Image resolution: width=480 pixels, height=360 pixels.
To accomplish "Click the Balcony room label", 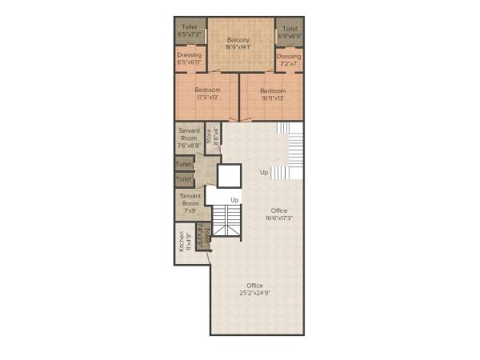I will pos(238,39).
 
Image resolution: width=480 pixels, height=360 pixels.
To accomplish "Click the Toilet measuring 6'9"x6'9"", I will pos(290,31).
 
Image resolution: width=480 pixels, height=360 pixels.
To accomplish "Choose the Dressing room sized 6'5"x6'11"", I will pos(190,58).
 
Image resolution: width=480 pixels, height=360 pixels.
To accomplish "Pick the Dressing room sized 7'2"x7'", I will pos(289,59).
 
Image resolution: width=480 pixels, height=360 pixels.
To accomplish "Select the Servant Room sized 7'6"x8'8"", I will pos(189,138).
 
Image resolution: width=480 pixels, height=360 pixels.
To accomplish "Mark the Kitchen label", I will pos(182,242).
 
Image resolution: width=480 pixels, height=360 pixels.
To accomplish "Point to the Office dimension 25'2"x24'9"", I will pos(254,293).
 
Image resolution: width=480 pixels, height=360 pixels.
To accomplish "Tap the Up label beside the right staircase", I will pos(264,172).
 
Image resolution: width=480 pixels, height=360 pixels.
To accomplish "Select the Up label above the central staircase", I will pos(235,199).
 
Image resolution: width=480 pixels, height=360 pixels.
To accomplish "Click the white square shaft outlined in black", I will pos(229,176).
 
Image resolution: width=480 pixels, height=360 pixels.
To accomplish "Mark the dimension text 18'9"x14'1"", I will pos(238,46).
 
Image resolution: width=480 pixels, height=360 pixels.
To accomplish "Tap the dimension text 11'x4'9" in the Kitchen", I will pos(188,242).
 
